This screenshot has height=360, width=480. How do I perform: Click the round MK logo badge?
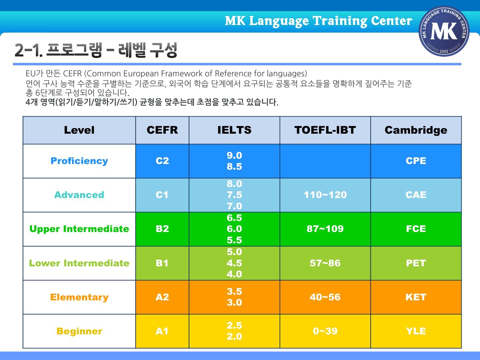click(444, 31)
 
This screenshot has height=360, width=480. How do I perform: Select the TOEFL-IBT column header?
click(325, 130)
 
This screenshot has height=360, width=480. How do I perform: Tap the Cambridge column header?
click(416, 130)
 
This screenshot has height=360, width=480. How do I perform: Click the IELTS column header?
click(234, 130)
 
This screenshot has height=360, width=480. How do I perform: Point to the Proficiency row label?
click(79, 161)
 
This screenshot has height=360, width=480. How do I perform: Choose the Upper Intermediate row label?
click(79, 229)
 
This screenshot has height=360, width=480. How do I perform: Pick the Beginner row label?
click(79, 331)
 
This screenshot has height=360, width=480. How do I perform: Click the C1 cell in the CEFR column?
click(162, 195)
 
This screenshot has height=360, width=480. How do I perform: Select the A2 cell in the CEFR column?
click(162, 297)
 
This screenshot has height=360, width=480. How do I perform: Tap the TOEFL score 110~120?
click(325, 195)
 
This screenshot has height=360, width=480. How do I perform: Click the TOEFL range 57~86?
click(325, 263)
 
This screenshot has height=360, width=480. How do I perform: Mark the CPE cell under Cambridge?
click(416, 161)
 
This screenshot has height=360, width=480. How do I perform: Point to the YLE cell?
click(416, 331)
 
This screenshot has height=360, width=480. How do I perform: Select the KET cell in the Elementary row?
click(416, 297)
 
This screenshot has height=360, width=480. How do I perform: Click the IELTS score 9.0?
click(234, 155)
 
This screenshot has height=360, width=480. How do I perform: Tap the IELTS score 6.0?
click(234, 229)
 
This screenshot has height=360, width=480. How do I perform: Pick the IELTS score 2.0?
click(234, 337)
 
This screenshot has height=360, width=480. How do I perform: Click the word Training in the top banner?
click(340, 21)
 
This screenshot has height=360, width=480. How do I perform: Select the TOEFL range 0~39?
click(325, 331)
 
